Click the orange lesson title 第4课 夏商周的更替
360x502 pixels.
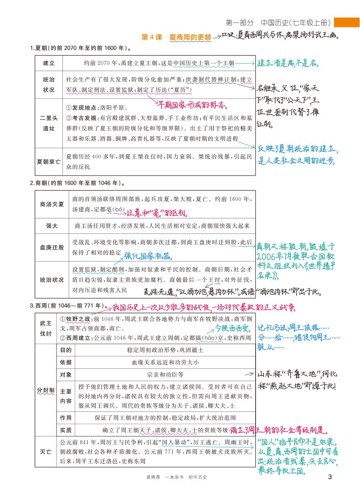click(176, 37)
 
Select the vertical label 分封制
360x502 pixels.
click(46, 390)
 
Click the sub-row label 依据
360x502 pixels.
click(66, 362)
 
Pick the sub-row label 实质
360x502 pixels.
click(66, 430)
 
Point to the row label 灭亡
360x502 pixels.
click(46, 451)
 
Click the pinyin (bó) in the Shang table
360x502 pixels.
click(118, 210)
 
